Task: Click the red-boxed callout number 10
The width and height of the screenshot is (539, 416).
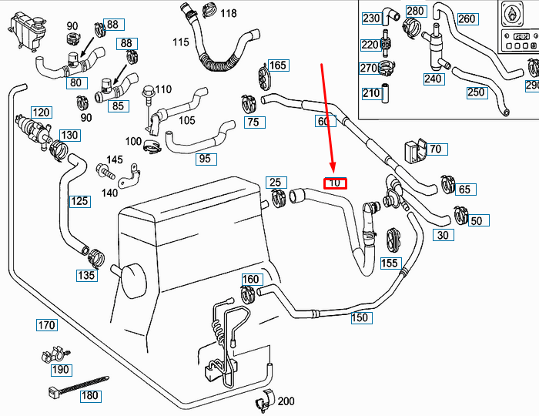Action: pos(336,183)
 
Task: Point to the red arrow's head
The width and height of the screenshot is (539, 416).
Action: pos(333,171)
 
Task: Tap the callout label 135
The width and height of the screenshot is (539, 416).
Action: pos(86,275)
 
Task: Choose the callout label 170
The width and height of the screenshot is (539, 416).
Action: pos(46,325)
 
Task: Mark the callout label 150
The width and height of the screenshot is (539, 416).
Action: pos(360,317)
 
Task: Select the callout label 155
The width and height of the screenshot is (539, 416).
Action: pos(390,263)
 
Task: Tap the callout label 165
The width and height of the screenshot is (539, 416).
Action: pos(278,65)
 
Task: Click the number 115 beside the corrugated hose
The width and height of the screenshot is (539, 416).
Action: pos(181,42)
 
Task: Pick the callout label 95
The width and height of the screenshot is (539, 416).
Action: pos(204,159)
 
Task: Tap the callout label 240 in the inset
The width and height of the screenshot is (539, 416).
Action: pos(433,78)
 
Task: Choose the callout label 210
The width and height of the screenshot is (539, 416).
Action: pos(371,93)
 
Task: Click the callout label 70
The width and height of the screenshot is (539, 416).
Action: pos(435,149)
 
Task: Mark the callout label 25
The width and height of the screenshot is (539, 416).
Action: pos(276,183)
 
